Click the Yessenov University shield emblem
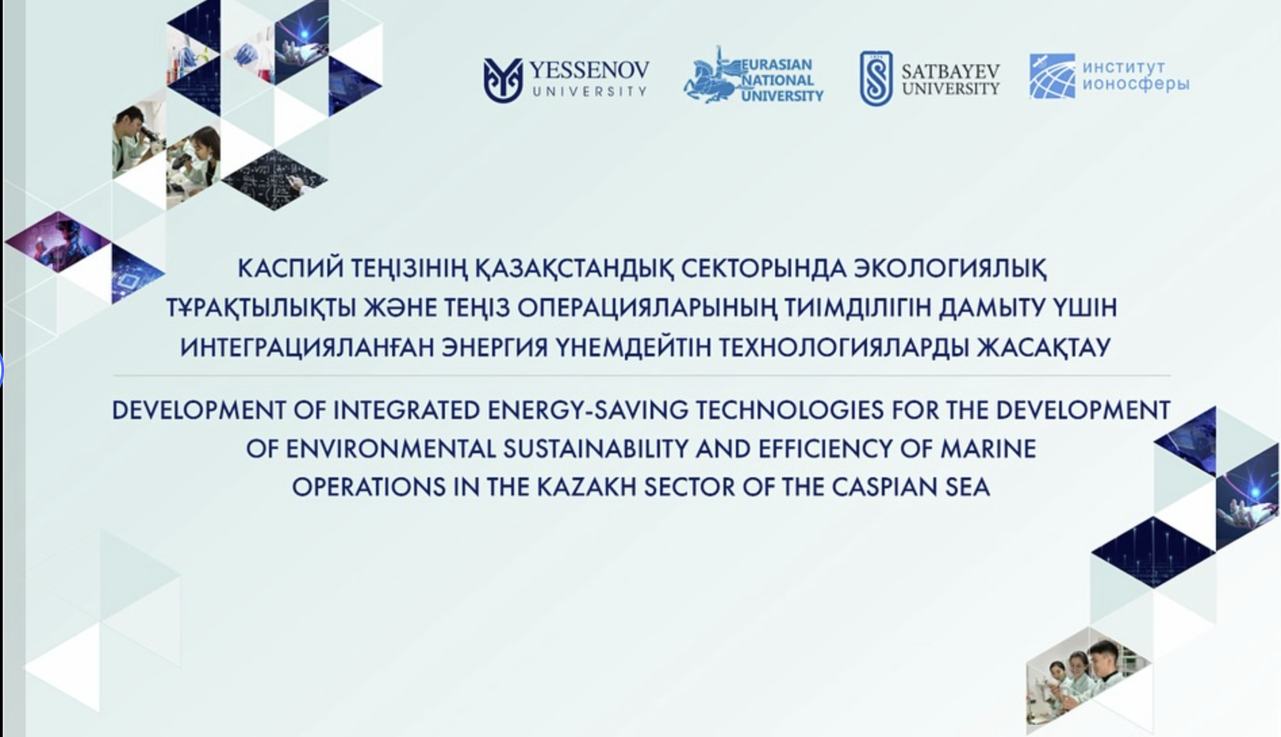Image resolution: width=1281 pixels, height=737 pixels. tap(503, 80)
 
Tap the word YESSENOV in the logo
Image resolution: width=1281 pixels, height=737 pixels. tap(588, 70)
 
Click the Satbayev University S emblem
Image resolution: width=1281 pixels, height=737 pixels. tap(876, 78)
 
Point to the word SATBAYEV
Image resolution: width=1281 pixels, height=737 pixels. tap(950, 72)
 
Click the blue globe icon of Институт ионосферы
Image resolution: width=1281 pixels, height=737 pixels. tap(1052, 76)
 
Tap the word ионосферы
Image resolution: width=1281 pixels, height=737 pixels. tap(1136, 85)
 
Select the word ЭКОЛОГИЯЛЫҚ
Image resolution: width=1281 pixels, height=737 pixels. tap(950, 268)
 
